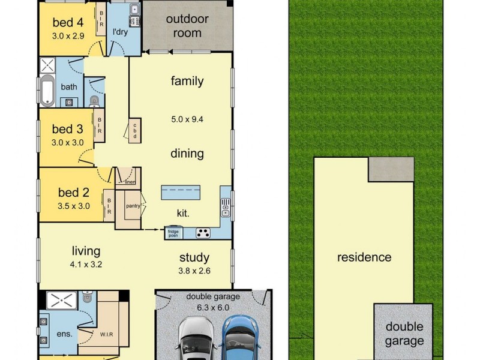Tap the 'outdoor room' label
pos(187,26)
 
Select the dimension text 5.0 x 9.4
pos(187,119)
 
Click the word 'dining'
pos(187,154)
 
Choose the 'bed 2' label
pos(74,193)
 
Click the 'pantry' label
pos(133,206)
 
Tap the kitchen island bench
pos(181,193)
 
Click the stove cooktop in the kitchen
pos(203,233)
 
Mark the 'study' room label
pos(194,258)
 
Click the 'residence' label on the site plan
pos(364,258)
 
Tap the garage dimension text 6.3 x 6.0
pos(212,307)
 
